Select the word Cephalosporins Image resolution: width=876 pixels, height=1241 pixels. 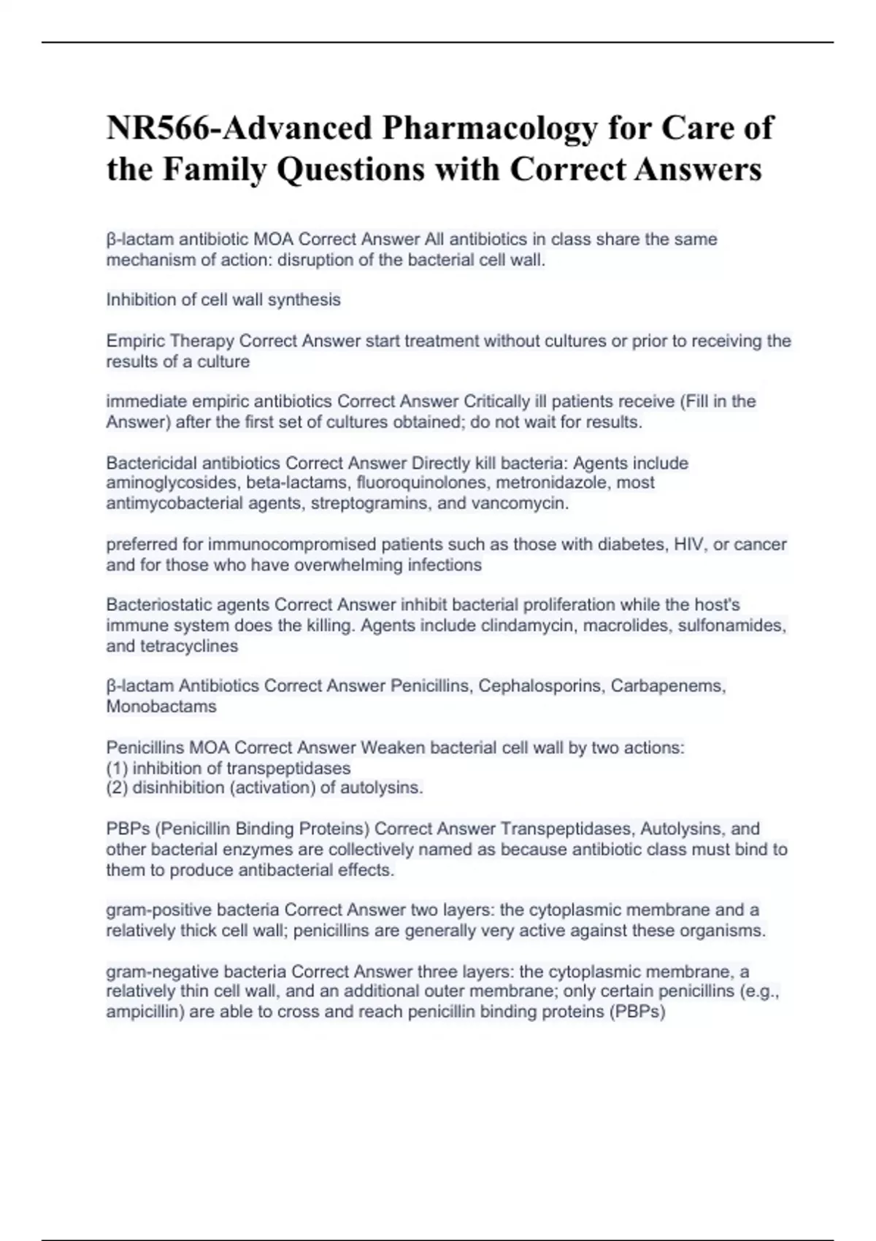click(542, 686)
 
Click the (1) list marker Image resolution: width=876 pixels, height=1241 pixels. click(117, 769)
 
